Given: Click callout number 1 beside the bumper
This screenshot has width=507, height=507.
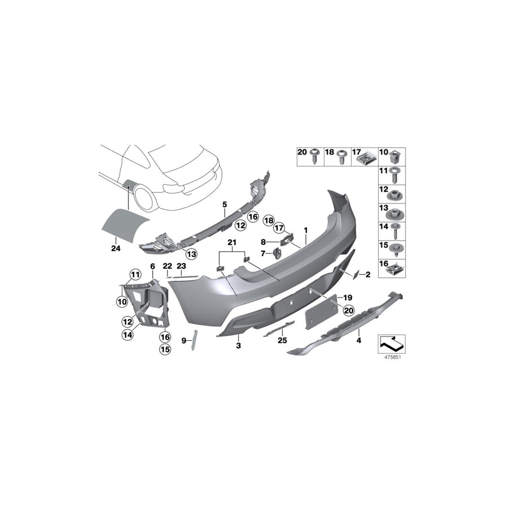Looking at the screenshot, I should [x=306, y=230].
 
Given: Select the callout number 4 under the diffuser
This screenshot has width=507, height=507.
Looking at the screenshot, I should [x=358, y=340].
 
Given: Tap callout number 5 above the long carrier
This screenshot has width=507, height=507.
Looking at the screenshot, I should [x=224, y=204].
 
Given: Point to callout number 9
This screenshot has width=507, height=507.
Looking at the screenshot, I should [x=184, y=340].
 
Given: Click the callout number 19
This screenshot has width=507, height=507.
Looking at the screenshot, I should [x=348, y=297].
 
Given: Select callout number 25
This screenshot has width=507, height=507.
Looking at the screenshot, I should [x=282, y=340].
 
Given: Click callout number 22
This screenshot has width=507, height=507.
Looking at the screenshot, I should [x=167, y=265].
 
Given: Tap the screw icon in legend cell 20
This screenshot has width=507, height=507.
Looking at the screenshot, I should [x=314, y=155].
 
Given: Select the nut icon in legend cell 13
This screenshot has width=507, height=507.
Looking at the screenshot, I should [x=397, y=214].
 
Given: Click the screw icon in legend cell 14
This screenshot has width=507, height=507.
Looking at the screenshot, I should [x=397, y=230].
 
